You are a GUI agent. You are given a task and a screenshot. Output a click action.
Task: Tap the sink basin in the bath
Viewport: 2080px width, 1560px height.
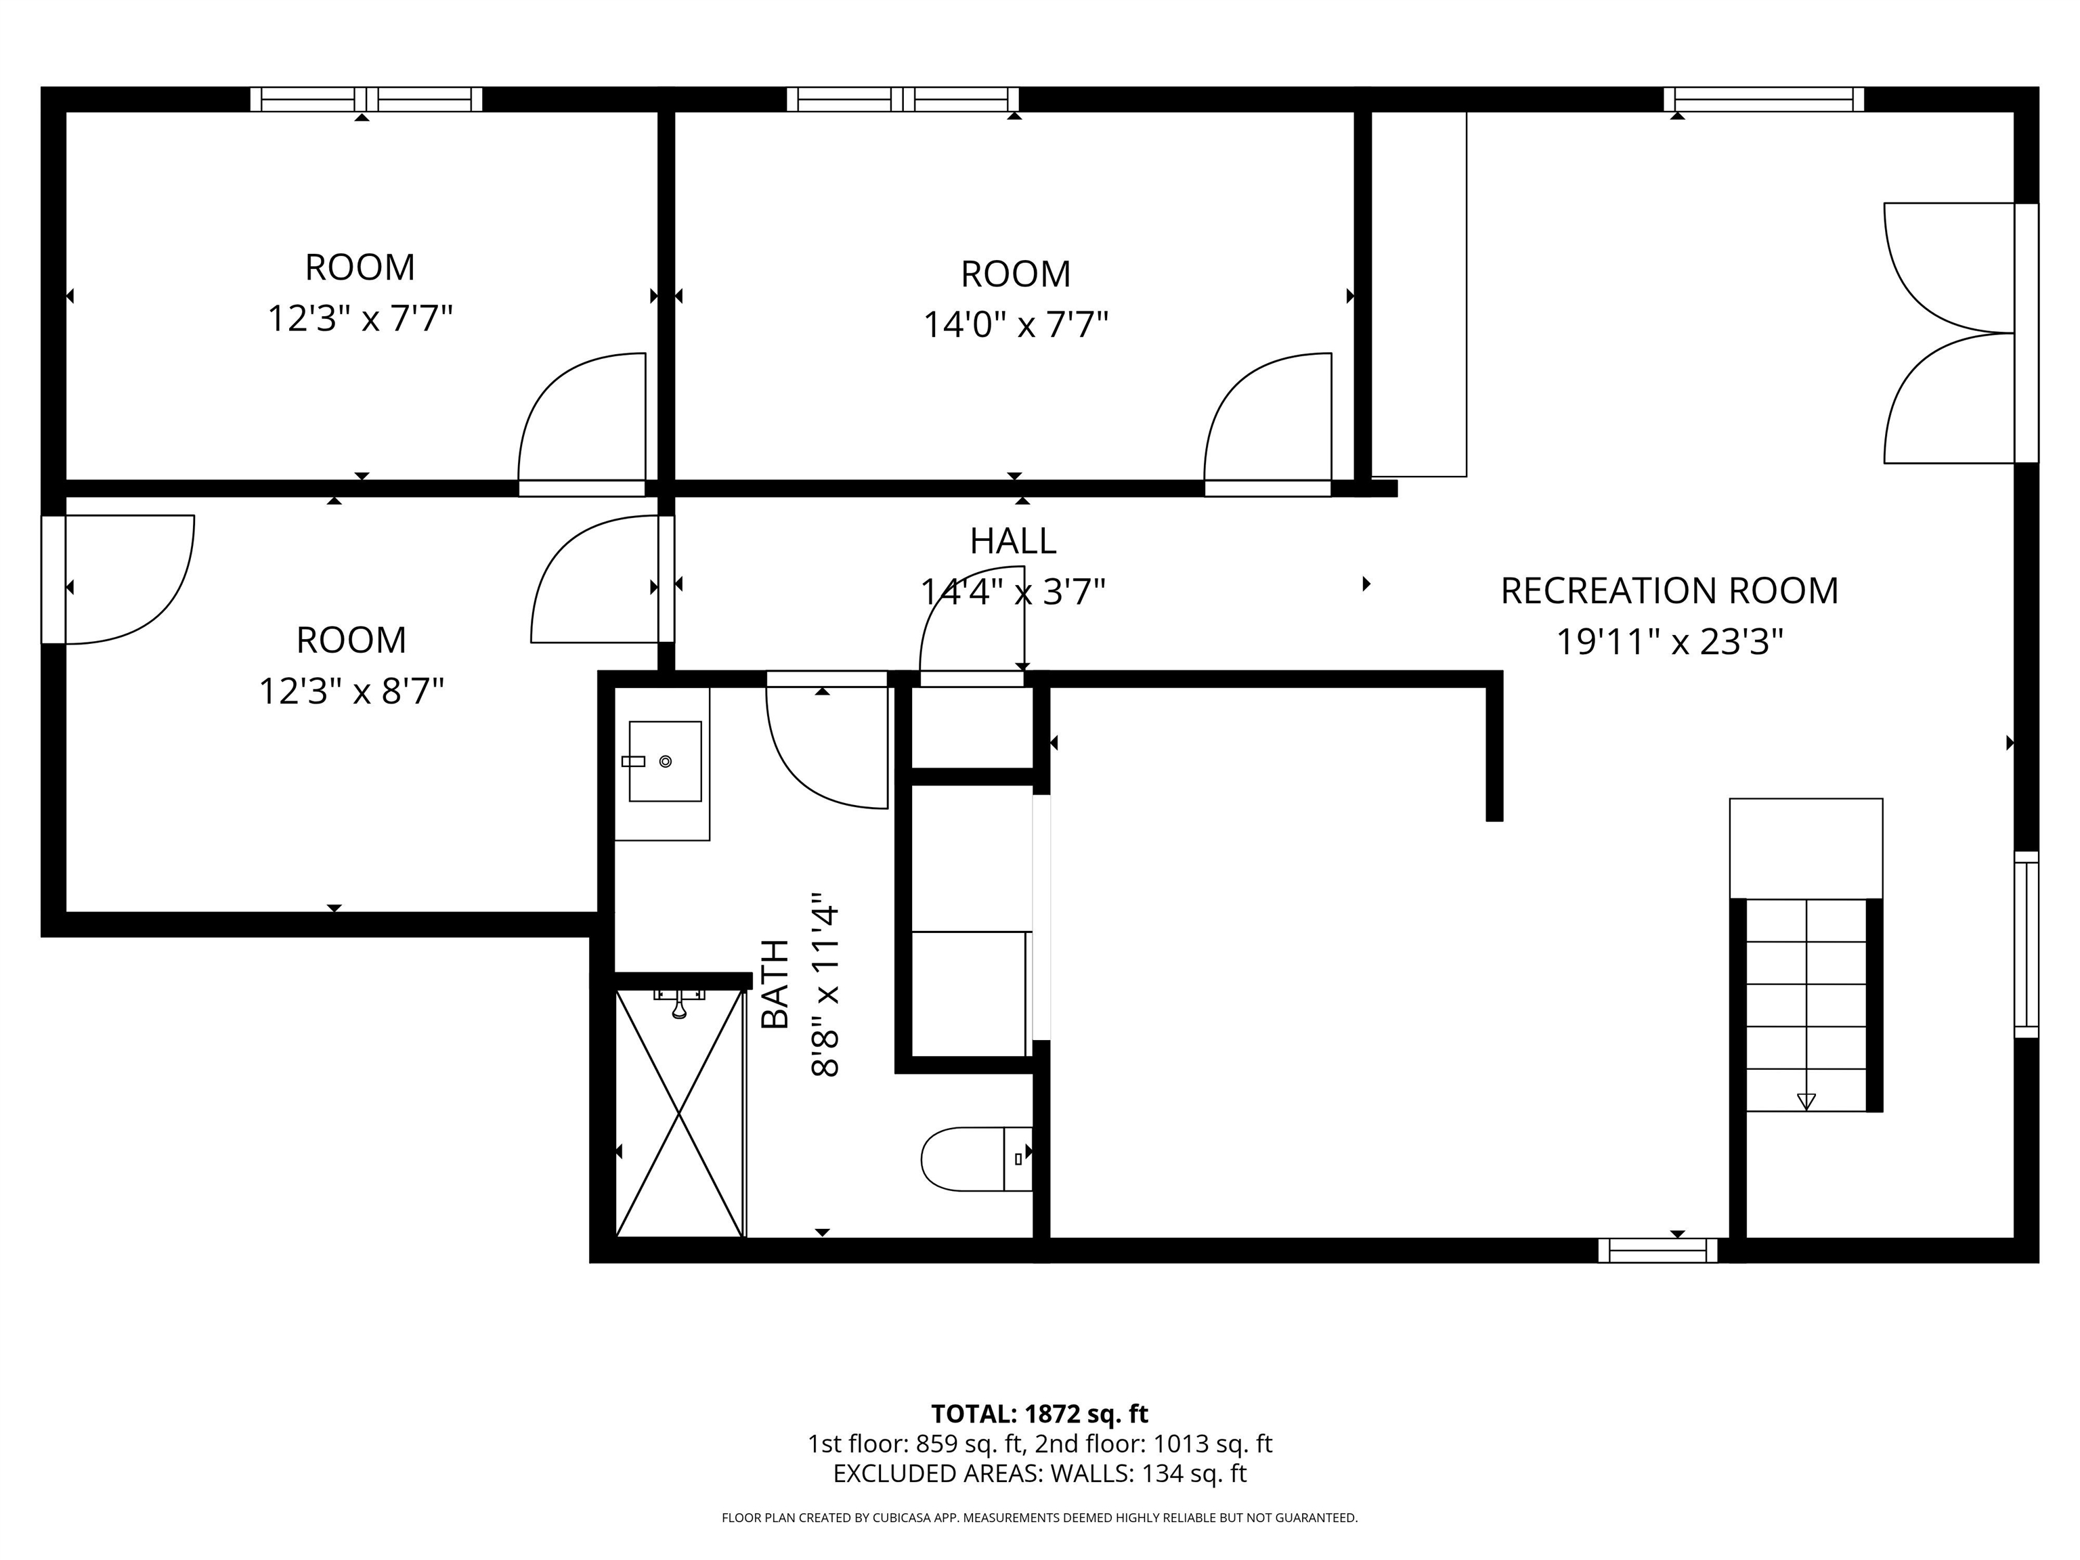pyautogui.click(x=665, y=761)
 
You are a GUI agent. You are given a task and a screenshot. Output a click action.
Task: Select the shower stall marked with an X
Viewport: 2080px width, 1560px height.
pyautogui.click(x=680, y=1112)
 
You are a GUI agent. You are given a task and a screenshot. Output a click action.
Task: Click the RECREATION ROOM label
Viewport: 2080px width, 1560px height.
pyautogui.click(x=1669, y=590)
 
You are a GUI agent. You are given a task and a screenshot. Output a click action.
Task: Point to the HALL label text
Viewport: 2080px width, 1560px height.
pyautogui.click(x=1013, y=541)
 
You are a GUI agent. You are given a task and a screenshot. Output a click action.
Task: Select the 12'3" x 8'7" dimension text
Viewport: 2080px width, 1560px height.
pyautogui.click(x=351, y=692)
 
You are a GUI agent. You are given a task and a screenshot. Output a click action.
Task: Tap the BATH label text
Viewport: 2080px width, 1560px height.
pyautogui.click(x=775, y=984)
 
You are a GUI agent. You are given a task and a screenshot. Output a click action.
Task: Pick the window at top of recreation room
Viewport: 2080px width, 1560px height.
pyautogui.click(x=1764, y=99)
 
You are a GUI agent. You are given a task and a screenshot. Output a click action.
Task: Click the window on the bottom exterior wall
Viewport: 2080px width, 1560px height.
pyautogui.click(x=1657, y=1250)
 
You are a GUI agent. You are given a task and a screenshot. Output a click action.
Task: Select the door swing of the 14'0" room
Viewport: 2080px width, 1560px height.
pyautogui.click(x=1241, y=395)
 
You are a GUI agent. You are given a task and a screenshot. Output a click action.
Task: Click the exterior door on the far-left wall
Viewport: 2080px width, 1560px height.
pyautogui.click(x=53, y=579)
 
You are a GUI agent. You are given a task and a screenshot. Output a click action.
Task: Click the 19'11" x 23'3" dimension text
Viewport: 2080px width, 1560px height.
pyautogui.click(x=1669, y=643)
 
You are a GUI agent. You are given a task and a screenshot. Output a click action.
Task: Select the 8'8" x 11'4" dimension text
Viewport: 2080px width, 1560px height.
pyautogui.click(x=825, y=984)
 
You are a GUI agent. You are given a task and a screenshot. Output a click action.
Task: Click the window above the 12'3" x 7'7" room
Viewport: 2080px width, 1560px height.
pyautogui.click(x=367, y=99)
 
